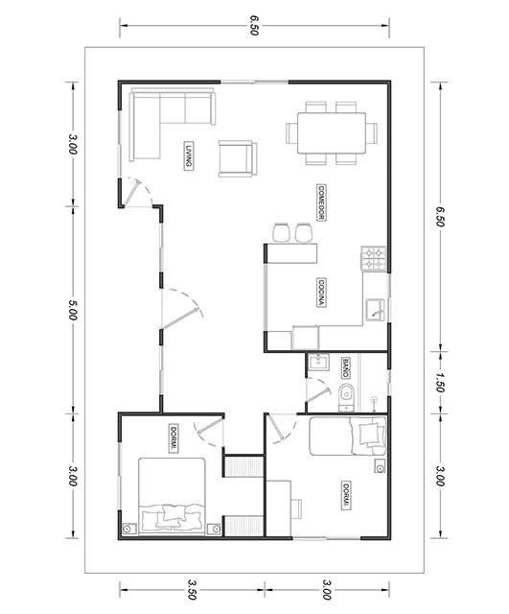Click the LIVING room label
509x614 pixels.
(189, 155)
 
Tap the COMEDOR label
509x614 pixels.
(321, 202)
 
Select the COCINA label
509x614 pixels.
(321, 293)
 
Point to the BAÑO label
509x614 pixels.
(345, 368)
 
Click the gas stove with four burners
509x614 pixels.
(374, 259)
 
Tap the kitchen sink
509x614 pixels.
(375, 311)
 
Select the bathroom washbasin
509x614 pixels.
(318, 362)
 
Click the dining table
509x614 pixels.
(332, 133)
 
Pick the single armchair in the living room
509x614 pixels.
(238, 158)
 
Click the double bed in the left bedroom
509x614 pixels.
(173, 497)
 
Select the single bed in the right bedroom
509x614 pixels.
(348, 437)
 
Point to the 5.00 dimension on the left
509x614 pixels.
(72, 310)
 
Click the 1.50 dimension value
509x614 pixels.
(439, 383)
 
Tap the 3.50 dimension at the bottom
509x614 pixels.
(192, 590)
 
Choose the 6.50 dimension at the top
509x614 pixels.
(254, 26)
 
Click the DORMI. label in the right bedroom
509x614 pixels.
(345, 495)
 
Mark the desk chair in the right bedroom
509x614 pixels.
(296, 508)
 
